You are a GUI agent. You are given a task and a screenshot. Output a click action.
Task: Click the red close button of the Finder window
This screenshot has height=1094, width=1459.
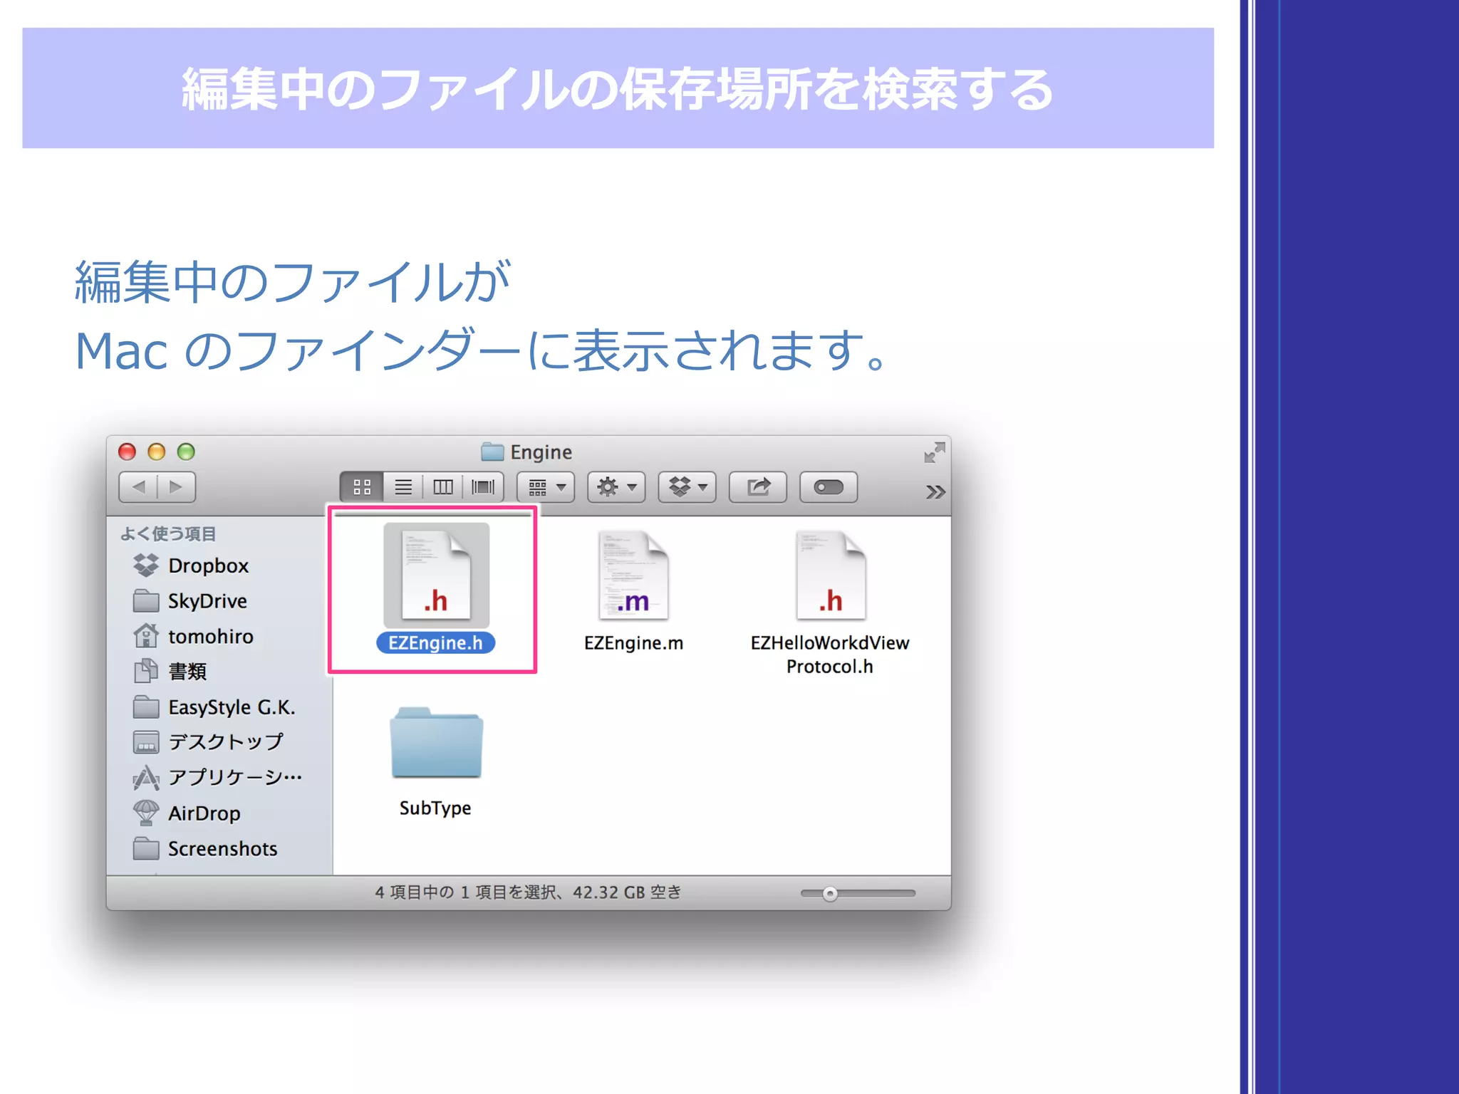[127, 452]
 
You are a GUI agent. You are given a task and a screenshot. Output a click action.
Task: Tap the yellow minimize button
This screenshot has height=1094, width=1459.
[157, 452]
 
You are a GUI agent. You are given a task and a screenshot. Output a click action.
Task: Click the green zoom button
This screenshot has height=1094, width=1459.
[186, 452]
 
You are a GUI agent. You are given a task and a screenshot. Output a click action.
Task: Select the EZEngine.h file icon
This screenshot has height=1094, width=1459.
[436, 575]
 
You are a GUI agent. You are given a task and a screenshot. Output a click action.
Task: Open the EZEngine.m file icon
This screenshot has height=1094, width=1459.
[633, 575]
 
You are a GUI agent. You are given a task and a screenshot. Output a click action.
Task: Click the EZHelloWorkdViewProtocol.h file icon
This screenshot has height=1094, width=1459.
[830, 575]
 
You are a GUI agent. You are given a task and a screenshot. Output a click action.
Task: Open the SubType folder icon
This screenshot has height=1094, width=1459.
[436, 744]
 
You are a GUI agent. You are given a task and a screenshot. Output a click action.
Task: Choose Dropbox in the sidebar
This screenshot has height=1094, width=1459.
[208, 566]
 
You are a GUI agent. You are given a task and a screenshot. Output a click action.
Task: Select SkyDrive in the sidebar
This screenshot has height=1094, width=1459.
[207, 601]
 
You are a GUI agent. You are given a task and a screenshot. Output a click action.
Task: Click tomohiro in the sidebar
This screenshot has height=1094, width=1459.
[210, 636]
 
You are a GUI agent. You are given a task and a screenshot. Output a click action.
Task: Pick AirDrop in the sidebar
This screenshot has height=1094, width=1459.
[204, 813]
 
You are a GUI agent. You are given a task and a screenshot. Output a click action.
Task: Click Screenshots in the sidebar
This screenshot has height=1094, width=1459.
[222, 849]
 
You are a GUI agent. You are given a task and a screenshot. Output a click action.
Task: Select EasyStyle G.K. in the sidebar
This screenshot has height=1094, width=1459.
[232, 707]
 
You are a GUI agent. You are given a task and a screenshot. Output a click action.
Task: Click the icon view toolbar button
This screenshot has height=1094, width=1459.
[362, 487]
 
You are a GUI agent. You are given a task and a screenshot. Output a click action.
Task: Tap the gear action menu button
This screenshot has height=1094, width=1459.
[616, 487]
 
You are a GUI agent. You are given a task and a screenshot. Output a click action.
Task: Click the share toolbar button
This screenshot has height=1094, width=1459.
[758, 487]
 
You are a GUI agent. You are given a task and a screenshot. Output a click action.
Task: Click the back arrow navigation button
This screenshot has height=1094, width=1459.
[139, 487]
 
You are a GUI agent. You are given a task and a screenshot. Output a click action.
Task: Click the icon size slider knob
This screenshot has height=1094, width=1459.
[830, 894]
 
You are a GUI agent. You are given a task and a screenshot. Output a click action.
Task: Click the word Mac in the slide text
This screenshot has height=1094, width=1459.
[121, 352]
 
